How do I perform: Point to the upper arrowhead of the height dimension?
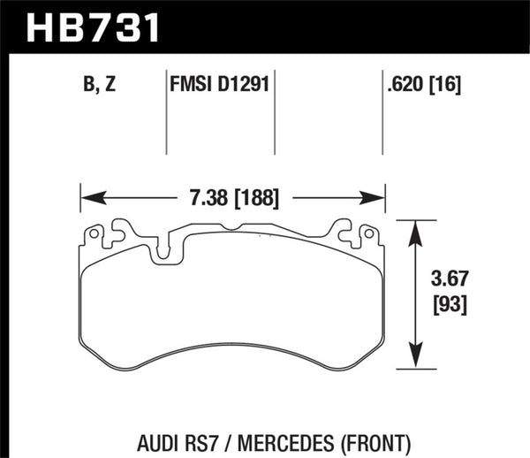(x=413, y=229)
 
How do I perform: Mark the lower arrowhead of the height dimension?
(x=413, y=363)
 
